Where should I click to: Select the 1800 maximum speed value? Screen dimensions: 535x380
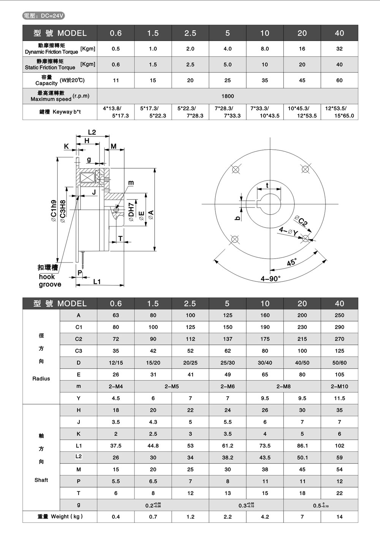click(x=228, y=96)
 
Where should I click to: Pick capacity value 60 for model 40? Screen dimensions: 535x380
click(x=339, y=81)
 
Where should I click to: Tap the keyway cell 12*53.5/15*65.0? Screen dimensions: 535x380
click(x=339, y=112)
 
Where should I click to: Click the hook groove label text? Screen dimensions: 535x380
click(x=50, y=280)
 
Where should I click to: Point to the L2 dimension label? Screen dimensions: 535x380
click(x=92, y=132)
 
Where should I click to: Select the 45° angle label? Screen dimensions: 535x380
click(x=292, y=262)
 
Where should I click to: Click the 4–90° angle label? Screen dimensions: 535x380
click(x=270, y=279)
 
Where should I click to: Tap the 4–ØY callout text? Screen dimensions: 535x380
click(x=288, y=231)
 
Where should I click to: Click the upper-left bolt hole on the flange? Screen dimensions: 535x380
click(x=235, y=169)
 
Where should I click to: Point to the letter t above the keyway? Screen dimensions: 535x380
click(x=268, y=185)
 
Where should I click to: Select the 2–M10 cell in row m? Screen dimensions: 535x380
click(x=339, y=386)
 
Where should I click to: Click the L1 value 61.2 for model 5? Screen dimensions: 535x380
click(x=227, y=446)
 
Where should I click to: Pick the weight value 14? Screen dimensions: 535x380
click(x=339, y=517)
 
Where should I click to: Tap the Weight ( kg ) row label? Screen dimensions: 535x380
click(x=60, y=517)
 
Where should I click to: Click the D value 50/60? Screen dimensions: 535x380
click(x=339, y=363)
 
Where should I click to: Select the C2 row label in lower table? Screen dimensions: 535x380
click(x=79, y=339)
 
